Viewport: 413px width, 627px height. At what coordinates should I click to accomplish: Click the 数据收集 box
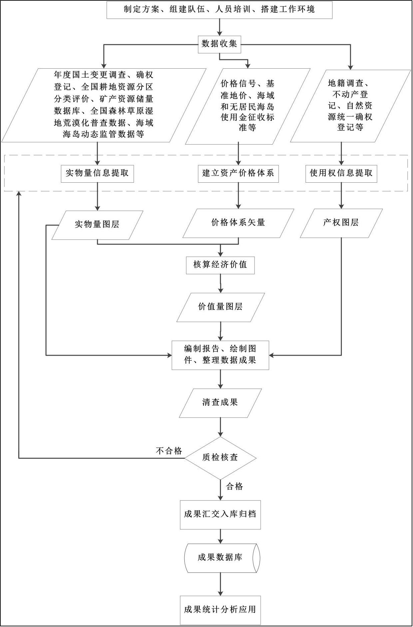[x=219, y=44]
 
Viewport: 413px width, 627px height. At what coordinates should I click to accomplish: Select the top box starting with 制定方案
[x=219, y=9]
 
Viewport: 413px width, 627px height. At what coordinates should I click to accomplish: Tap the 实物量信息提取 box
[x=97, y=173]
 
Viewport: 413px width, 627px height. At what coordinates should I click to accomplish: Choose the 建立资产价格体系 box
[x=238, y=173]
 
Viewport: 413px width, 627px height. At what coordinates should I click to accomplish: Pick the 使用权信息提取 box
[x=341, y=173]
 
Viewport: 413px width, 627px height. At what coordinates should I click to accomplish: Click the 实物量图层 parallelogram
[x=97, y=225]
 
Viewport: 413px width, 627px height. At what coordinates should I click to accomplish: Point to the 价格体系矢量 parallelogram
[x=238, y=223]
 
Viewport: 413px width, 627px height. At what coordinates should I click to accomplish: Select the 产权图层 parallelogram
[x=341, y=223]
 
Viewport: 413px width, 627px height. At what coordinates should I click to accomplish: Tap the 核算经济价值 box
[x=220, y=265]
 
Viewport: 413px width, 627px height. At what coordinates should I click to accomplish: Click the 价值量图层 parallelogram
[x=220, y=307]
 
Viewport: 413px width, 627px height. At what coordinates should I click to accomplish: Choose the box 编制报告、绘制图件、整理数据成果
[x=220, y=355]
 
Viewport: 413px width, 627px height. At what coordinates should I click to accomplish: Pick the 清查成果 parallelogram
[x=220, y=403]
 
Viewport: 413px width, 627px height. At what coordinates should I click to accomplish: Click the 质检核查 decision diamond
[x=220, y=458]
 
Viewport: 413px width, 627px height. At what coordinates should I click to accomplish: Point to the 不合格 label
[x=169, y=451]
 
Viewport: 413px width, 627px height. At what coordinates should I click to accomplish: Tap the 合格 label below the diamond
[x=235, y=486]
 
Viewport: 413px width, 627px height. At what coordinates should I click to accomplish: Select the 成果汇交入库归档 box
[x=220, y=514]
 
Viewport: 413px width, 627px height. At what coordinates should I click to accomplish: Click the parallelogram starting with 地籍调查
[x=350, y=106]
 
